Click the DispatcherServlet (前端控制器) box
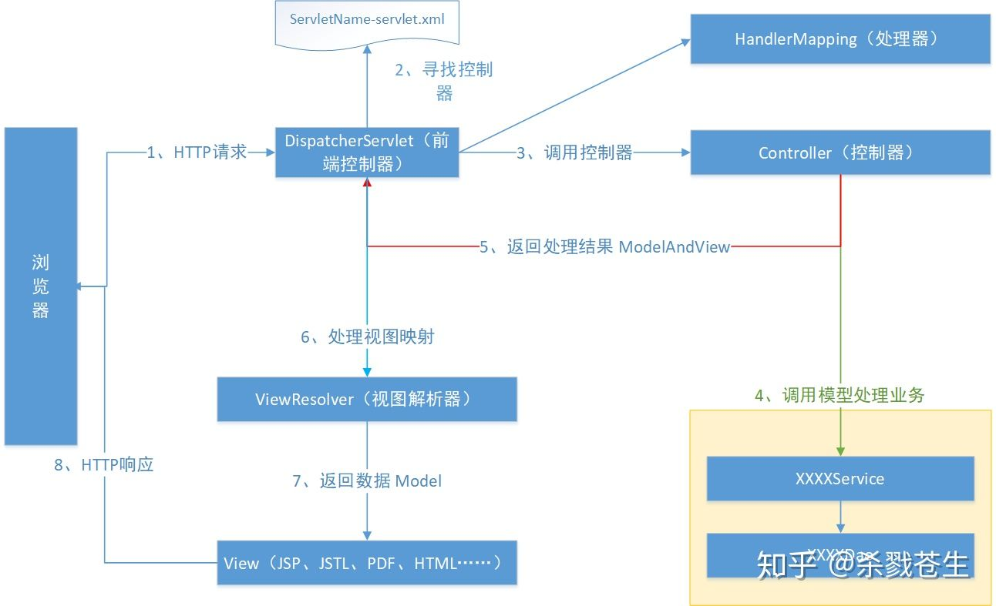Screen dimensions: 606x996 click(x=367, y=153)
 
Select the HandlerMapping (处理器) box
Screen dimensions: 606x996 click(x=840, y=39)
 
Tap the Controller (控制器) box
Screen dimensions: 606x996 click(x=840, y=152)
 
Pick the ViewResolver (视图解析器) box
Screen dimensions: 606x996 click(x=367, y=399)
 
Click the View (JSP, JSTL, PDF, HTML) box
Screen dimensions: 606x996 click(x=367, y=563)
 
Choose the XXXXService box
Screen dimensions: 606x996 click(x=840, y=478)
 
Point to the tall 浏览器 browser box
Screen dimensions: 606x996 click(x=41, y=286)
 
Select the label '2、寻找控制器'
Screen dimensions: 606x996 click(x=444, y=81)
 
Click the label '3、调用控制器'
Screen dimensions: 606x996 click(x=574, y=153)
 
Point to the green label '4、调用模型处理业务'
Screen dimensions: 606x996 click(x=840, y=396)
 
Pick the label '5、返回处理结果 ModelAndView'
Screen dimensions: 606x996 click(x=604, y=247)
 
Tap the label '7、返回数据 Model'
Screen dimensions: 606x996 click(x=368, y=481)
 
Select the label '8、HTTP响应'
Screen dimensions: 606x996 click(x=104, y=465)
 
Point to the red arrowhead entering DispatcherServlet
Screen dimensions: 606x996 click(x=368, y=183)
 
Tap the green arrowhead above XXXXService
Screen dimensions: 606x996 click(x=840, y=452)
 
